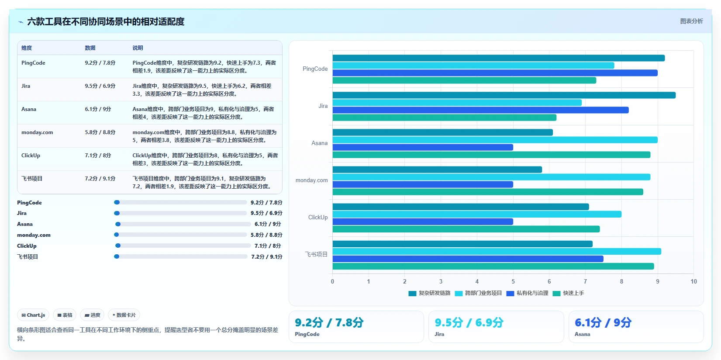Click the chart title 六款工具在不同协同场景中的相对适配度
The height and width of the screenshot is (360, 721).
coord(106,21)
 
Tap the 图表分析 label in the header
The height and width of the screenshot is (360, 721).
coord(691,21)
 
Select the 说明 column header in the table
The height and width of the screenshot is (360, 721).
coord(138,48)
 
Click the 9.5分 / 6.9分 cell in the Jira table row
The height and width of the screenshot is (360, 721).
coord(100,86)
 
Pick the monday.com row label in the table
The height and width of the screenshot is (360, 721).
coord(37,132)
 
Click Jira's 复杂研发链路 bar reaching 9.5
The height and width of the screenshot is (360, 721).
coord(504,95)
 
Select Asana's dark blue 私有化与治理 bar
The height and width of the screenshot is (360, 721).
coord(423,147)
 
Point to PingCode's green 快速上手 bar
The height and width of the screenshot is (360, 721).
coord(464,80)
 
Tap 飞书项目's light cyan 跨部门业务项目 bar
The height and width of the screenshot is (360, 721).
coord(497,251)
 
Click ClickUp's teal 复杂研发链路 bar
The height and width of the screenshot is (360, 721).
coord(461,207)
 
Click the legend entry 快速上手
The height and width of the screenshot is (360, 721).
coord(569,293)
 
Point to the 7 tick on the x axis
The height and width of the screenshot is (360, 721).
coord(585,281)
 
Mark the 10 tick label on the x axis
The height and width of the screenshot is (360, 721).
coord(693,281)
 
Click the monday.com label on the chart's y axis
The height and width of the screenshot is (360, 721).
coord(311,180)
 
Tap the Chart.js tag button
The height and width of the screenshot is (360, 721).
coord(33,315)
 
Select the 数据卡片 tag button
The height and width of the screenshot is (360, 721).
coord(124,315)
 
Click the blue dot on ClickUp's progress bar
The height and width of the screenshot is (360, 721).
coord(118,246)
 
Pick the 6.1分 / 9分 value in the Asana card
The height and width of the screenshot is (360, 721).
coord(603,322)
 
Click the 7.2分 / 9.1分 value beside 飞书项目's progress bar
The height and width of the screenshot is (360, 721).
coord(266,256)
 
